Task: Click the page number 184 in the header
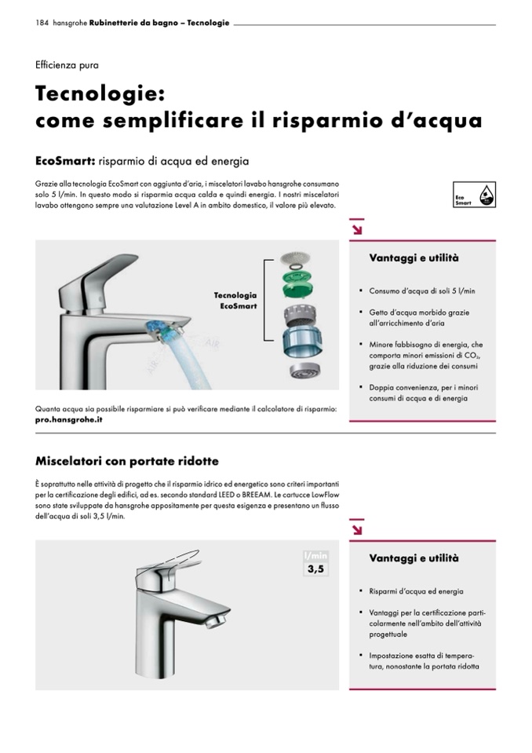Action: click(42, 23)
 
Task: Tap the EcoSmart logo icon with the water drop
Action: click(474, 195)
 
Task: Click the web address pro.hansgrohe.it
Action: click(68, 420)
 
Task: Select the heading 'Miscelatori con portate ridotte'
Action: click(127, 461)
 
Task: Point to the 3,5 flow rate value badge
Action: click(315, 569)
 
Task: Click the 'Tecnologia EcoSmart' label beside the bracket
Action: click(235, 301)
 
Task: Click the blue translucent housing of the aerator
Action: click(298, 342)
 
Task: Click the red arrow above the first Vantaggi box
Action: click(356, 228)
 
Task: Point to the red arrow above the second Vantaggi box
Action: click(356, 529)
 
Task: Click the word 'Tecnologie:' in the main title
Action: click(100, 93)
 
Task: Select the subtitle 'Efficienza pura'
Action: click(67, 65)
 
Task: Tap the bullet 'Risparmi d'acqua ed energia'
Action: click(416, 592)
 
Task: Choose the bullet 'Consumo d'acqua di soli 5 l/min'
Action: click(422, 291)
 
